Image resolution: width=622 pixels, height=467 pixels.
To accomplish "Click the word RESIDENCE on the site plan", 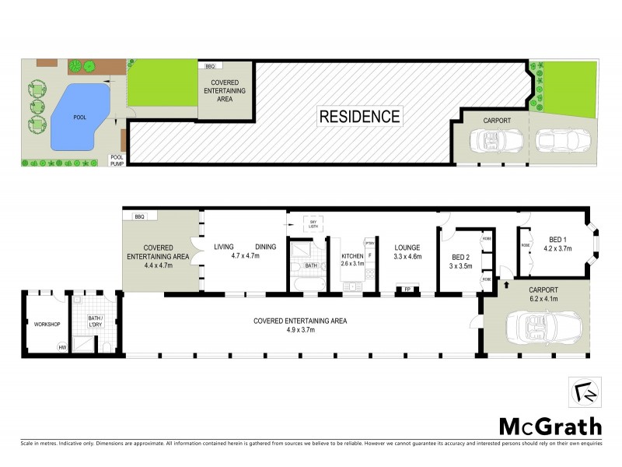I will (359, 118).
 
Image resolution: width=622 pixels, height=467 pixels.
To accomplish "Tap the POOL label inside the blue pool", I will (79, 118).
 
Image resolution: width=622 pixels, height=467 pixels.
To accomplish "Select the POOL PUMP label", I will (117, 160).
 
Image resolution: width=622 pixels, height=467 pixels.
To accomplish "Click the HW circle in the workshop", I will (62, 347).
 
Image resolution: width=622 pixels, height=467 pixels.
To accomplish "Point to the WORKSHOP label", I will (46, 325).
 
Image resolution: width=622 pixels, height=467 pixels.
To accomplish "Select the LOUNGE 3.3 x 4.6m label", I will (407, 251).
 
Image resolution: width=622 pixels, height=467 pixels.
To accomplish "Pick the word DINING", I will (265, 248).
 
